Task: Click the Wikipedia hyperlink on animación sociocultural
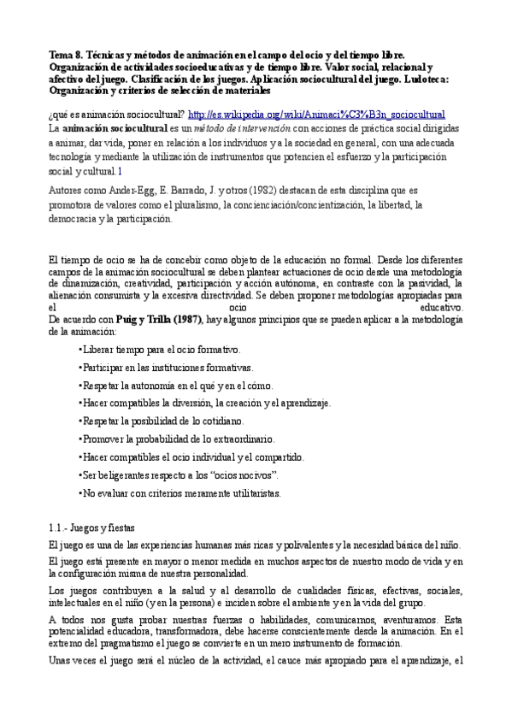click(316, 114)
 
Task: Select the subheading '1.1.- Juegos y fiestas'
click(91, 527)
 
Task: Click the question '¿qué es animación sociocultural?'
click(116, 114)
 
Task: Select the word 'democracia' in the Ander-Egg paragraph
click(74, 219)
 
